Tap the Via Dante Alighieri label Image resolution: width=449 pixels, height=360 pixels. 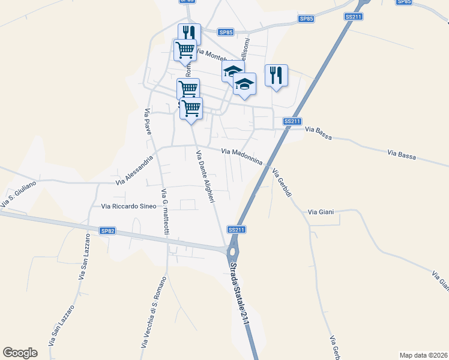pyautogui.click(x=205, y=176)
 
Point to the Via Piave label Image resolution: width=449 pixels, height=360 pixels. pyautogui.click(x=148, y=122)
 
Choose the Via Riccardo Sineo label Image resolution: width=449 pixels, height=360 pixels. pyautogui.click(x=129, y=206)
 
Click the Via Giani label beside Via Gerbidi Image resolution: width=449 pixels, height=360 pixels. pyautogui.click(x=321, y=212)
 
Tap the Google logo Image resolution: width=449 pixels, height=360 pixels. pyautogui.click(x=20, y=352)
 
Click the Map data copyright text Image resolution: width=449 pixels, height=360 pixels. pyautogui.click(x=424, y=355)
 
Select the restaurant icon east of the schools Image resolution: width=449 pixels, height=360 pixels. pyautogui.click(x=276, y=76)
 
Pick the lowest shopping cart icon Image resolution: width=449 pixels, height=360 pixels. pyautogui.click(x=191, y=109)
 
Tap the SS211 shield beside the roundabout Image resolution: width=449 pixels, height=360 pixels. pyautogui.click(x=237, y=230)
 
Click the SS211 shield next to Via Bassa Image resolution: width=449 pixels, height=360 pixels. pyautogui.click(x=292, y=121)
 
